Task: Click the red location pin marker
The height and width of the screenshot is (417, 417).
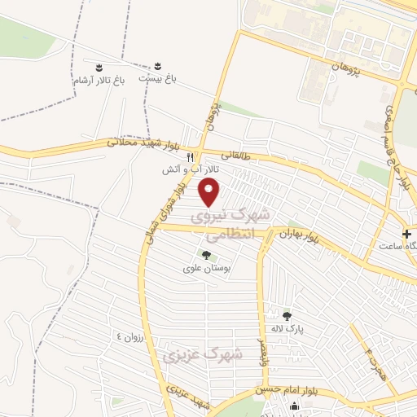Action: (x=209, y=192)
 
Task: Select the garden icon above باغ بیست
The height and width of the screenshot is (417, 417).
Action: (x=158, y=64)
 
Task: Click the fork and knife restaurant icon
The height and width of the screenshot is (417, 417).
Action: (x=190, y=156)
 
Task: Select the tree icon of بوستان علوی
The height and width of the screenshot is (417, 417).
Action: (x=205, y=254)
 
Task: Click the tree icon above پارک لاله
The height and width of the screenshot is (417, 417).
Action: (x=286, y=315)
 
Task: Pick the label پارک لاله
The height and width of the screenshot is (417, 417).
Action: (x=287, y=328)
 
